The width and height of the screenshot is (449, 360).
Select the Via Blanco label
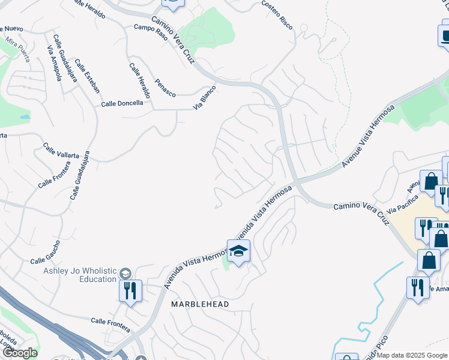point(204,98)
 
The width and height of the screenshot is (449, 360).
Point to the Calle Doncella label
point(122,103)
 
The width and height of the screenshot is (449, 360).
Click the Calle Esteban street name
point(88,76)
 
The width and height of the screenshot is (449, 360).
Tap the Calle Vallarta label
point(61,151)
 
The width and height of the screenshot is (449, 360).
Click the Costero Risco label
point(277,13)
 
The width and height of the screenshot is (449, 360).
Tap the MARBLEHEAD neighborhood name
point(200,304)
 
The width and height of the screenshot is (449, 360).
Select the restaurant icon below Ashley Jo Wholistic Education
point(130,291)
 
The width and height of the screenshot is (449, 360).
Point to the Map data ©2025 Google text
point(412,355)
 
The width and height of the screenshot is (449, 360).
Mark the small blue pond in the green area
point(25,116)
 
